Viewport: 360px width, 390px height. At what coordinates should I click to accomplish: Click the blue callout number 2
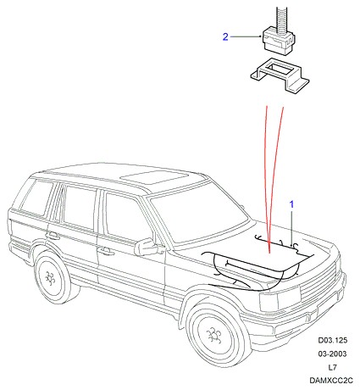(x=225, y=36)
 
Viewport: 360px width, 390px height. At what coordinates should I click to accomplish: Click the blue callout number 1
(x=291, y=204)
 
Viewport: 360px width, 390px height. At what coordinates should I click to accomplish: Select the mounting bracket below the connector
(x=280, y=75)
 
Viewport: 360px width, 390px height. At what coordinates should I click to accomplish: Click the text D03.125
(x=333, y=340)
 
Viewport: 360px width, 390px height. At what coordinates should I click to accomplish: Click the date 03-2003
(x=332, y=354)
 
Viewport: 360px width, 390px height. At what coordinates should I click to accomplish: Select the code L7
(x=332, y=367)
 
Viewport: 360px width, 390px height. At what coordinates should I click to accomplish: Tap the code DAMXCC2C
(x=331, y=381)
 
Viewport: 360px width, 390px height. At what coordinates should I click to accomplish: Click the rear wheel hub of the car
(x=50, y=278)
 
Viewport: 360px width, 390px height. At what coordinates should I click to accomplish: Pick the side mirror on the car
(x=146, y=247)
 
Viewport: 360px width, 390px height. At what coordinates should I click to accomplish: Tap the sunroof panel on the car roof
(x=154, y=177)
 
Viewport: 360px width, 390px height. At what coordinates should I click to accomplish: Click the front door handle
(x=105, y=250)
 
